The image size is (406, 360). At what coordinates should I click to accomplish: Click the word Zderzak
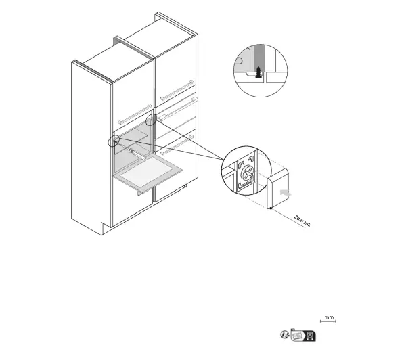302,221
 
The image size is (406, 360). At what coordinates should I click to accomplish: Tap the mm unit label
329,317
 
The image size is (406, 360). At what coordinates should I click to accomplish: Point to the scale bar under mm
328,321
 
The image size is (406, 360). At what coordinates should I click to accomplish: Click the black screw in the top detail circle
258,72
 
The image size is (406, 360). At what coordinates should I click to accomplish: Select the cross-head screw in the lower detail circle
247,172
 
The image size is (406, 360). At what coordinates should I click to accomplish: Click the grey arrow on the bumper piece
286,194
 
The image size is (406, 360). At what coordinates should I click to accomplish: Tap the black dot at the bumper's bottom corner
271,208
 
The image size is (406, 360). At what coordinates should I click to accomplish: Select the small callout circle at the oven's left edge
114,141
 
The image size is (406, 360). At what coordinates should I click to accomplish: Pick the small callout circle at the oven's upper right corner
151,120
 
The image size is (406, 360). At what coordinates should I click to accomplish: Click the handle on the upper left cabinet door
135,114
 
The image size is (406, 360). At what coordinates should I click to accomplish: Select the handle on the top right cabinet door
177,90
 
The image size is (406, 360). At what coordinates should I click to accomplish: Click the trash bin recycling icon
309,336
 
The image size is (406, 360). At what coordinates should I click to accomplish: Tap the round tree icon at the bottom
284,334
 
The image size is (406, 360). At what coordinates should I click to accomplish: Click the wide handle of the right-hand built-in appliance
178,109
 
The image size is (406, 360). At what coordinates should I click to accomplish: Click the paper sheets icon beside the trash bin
297,336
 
